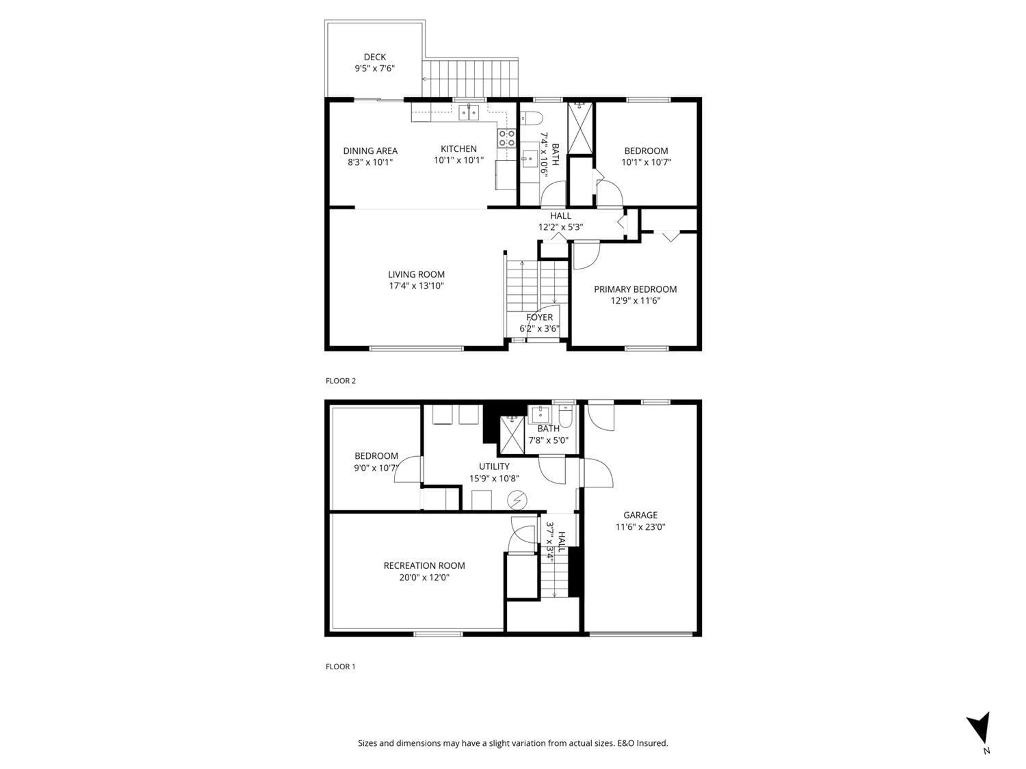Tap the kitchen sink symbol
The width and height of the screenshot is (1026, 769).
468,112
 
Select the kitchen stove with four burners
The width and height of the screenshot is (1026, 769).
507,138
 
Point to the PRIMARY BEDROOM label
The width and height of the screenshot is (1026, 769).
635,289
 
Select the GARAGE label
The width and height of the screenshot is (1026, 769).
640,515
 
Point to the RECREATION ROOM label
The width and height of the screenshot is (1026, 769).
424,566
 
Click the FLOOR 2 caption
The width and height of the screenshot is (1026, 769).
340,380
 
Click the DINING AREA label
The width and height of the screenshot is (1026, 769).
370,151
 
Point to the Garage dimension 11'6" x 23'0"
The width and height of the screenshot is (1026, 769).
640,527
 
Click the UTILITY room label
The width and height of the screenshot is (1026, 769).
494,466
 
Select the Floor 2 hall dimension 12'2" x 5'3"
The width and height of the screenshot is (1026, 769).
560,227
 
